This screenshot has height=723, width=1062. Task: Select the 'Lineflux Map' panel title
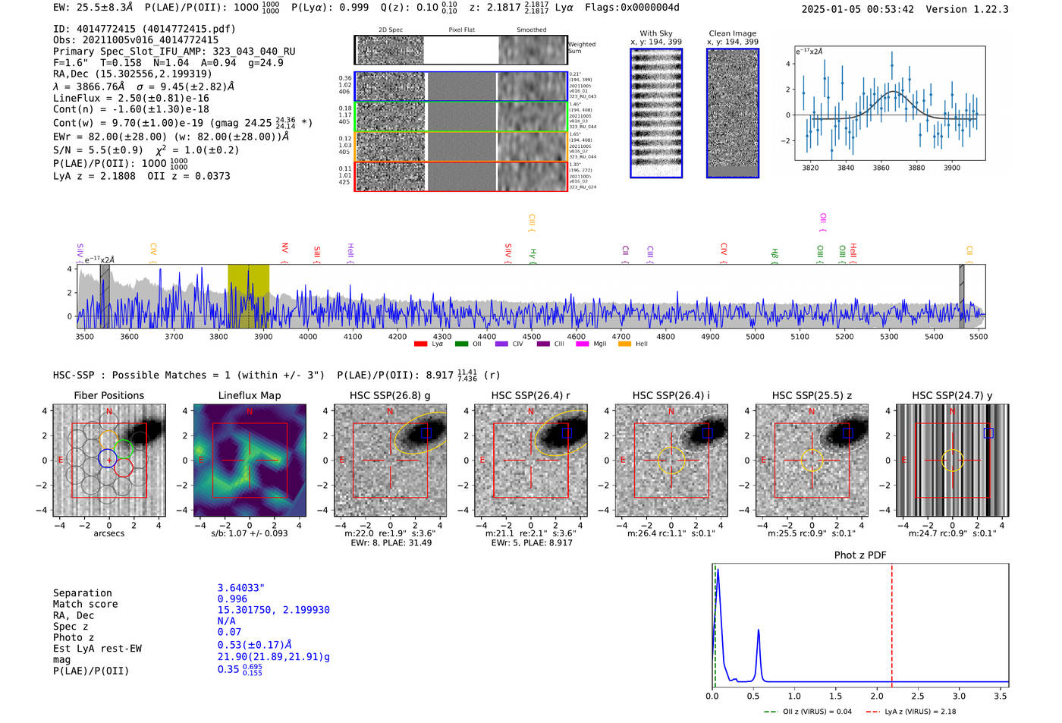(249, 395)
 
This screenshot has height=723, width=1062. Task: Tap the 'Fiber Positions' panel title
(108, 395)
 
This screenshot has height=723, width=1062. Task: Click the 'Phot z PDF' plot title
(860, 555)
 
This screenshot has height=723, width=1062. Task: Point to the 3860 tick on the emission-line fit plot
(881, 168)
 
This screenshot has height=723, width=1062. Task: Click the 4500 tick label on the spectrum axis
(531, 336)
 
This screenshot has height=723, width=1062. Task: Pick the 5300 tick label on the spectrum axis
(889, 336)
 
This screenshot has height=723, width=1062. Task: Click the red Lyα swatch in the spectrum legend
(420, 344)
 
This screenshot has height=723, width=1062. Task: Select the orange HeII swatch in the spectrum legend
(624, 344)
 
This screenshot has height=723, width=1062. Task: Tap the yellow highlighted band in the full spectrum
(248, 296)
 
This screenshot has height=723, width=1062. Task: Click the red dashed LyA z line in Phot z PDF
(891, 622)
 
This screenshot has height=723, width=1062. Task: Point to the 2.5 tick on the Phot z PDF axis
(918, 696)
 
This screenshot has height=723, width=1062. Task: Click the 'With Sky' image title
(656, 33)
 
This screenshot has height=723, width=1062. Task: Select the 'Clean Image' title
(732, 33)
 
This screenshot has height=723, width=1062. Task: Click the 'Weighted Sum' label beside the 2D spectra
(582, 47)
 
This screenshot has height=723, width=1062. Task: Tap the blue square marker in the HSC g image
(426, 432)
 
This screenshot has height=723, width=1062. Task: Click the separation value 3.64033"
(240, 588)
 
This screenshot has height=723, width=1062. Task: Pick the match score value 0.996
(232, 599)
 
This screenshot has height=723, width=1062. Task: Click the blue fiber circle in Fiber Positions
(108, 458)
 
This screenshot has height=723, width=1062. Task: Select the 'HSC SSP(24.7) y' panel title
(952, 395)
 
